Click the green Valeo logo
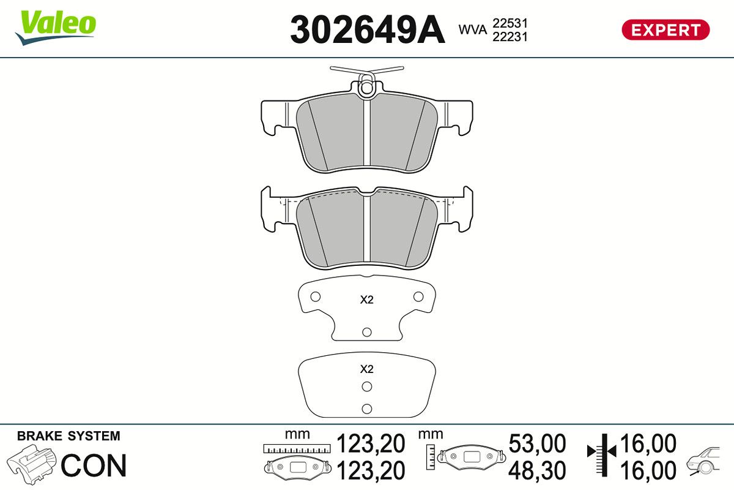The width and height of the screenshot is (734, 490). tap(56, 27)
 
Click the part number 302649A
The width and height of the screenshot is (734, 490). tap(368, 29)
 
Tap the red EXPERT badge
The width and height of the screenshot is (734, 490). tap(665, 30)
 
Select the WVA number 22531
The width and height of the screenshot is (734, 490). tap(510, 23)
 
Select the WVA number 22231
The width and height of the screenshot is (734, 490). tap(510, 37)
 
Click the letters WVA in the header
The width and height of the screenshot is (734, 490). tap(472, 29)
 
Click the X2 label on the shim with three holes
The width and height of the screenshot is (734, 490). tap(366, 300)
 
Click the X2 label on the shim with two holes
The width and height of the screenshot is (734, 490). tap(366, 369)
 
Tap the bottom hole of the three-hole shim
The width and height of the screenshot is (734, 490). tap(366, 332)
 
